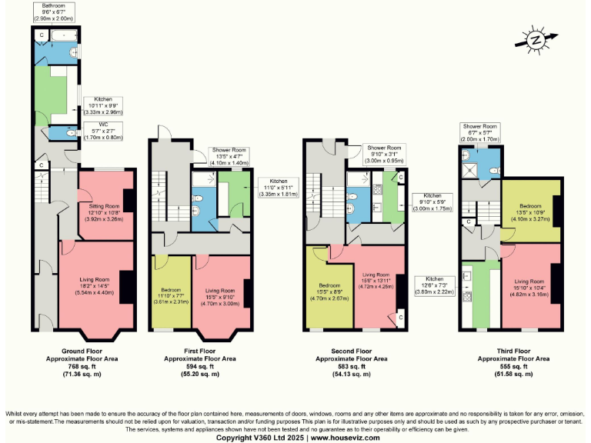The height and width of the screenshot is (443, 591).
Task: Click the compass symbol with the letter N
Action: click(533, 41)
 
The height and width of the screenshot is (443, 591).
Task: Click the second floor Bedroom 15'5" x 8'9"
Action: click(329, 292)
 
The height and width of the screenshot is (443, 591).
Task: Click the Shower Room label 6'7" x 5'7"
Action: click(479, 132)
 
